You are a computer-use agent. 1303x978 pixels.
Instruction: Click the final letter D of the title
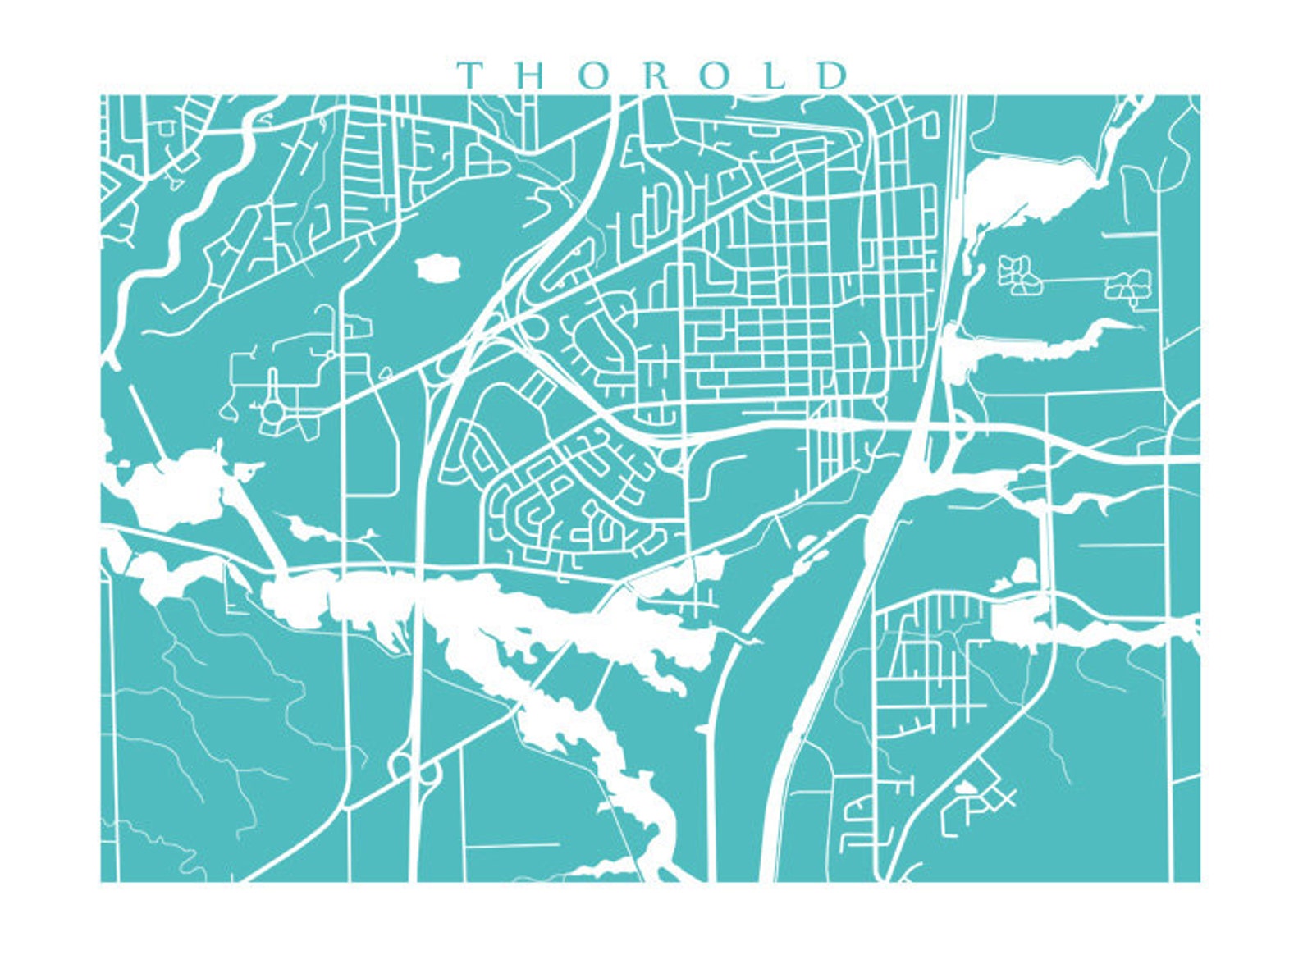click(x=832, y=75)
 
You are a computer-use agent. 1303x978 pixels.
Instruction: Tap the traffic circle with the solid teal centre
click(x=272, y=410)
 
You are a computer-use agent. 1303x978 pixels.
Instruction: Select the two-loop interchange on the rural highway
click(x=414, y=770)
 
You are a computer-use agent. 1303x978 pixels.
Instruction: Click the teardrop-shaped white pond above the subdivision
click(x=1024, y=569)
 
